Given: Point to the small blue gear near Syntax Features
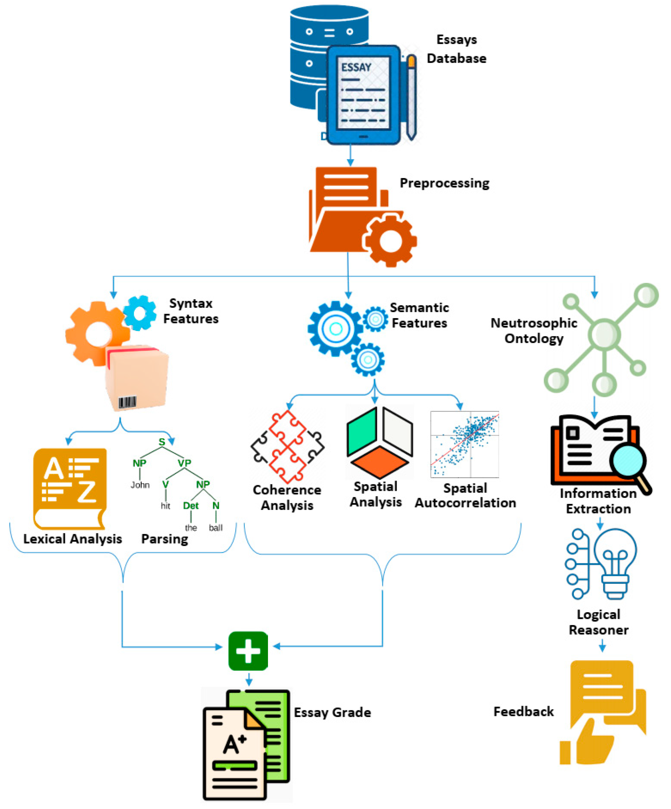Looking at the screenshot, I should pyautogui.click(x=140, y=313).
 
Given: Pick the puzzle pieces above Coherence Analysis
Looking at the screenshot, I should pyautogui.click(x=287, y=447).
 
